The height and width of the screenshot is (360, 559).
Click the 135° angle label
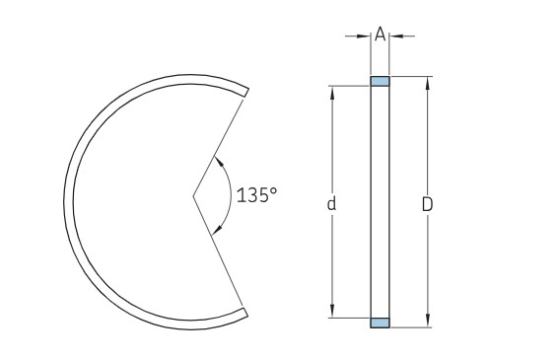pos(257,194)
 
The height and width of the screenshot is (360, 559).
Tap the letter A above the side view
pos(381,35)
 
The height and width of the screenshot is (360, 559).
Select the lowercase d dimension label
pos(332,204)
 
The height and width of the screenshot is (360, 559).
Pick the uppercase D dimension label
pos(427,204)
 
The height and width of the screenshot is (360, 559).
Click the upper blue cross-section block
pos(381,81)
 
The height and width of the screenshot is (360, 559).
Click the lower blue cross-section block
pos(381,323)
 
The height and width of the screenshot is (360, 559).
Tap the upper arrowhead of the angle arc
pos(220,160)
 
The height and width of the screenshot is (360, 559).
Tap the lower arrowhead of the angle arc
pos(219,230)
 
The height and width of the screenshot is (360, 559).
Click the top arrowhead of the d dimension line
pos(332,91)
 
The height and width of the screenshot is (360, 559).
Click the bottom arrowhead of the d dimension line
pos(332,313)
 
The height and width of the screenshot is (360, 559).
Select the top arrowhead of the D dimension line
pos(427,81)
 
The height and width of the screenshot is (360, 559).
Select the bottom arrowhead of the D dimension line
pos(427,323)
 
